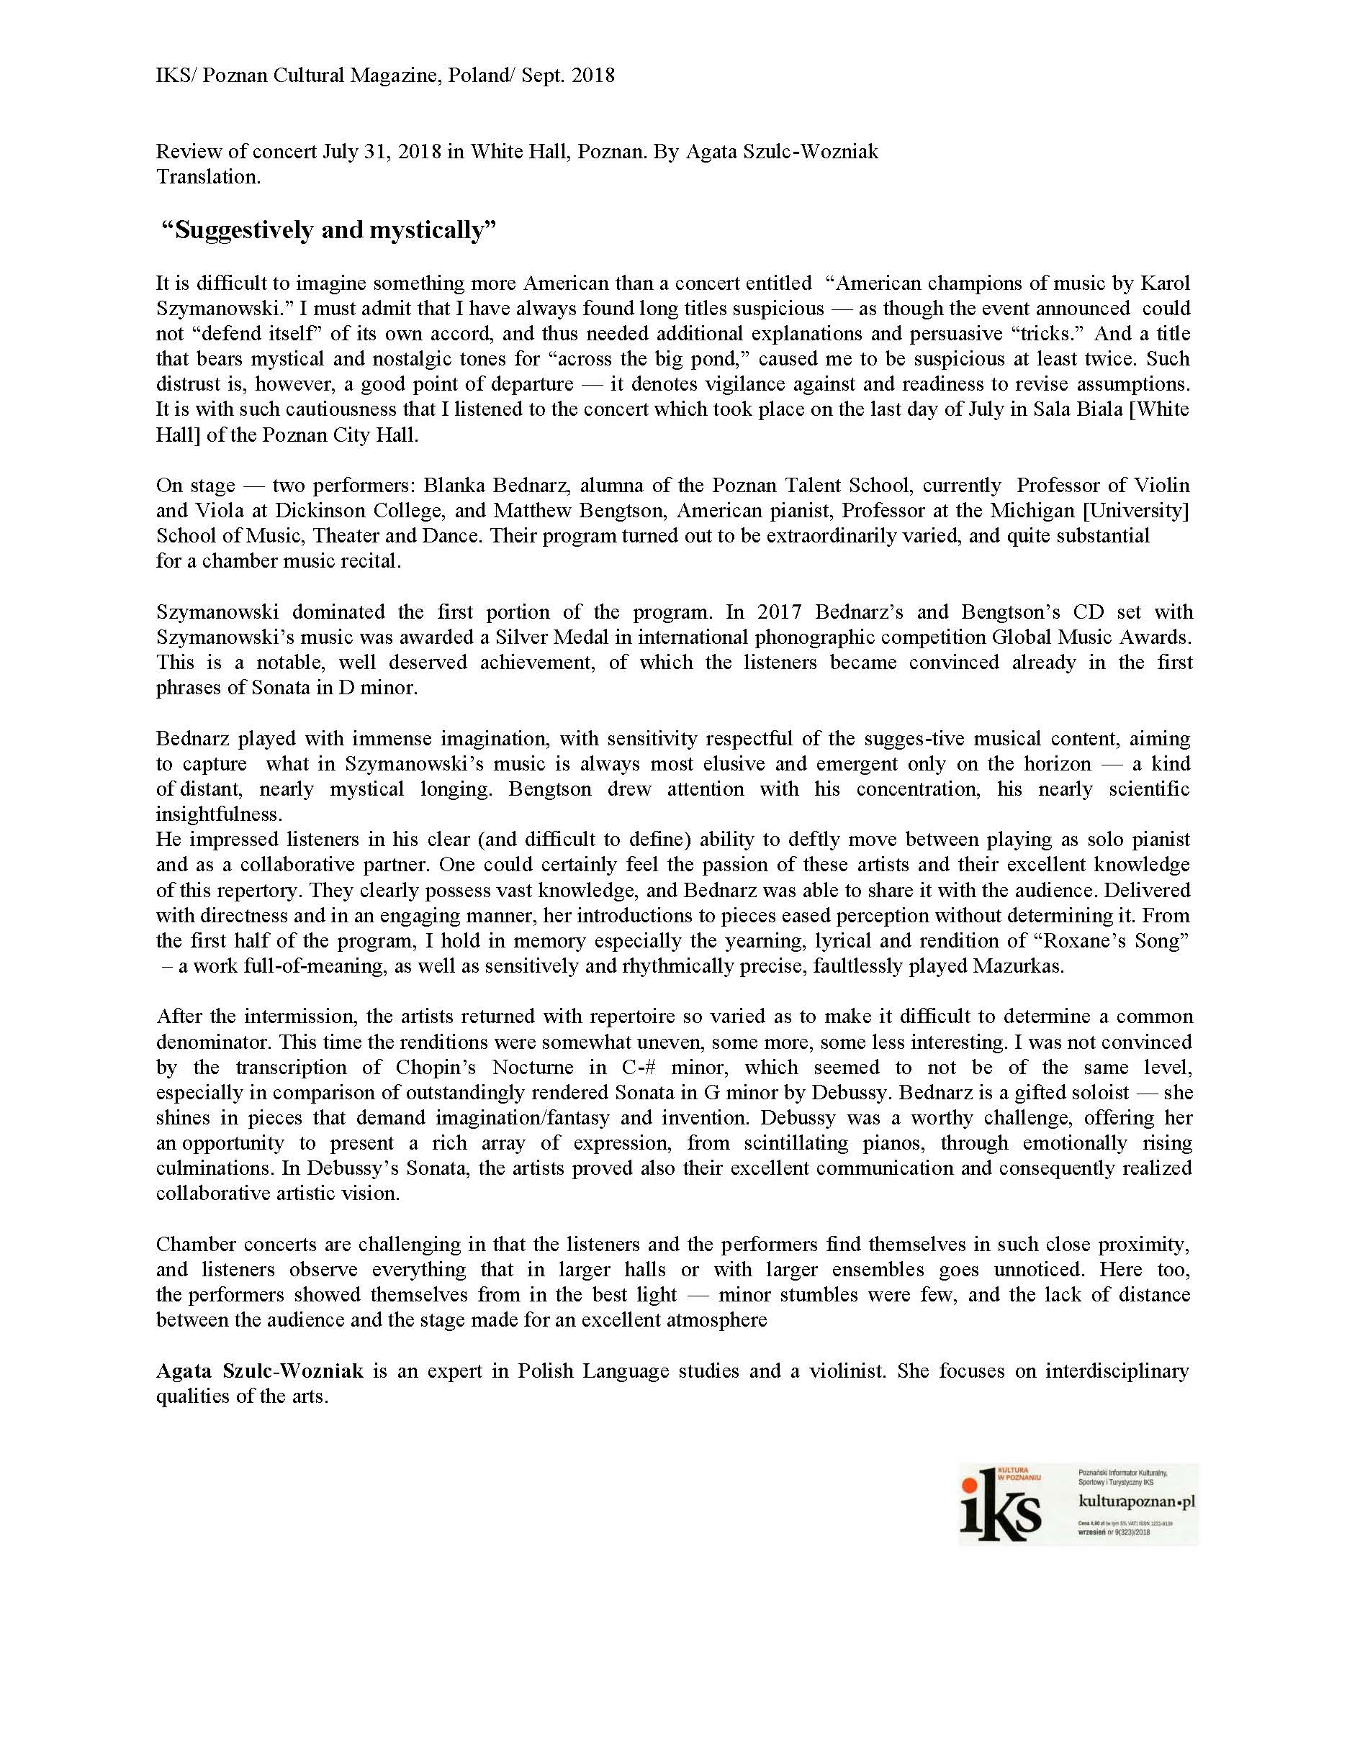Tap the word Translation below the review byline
[x=208, y=177]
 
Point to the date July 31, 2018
[x=382, y=152]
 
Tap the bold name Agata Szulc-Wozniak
[x=260, y=1371]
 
